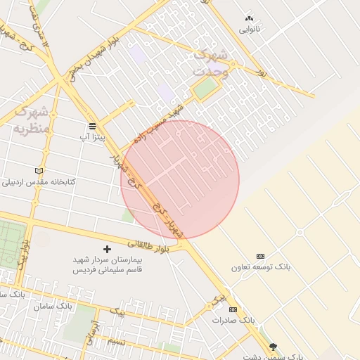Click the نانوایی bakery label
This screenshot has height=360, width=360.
click(250, 29)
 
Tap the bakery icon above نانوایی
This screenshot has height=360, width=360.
click(249, 18)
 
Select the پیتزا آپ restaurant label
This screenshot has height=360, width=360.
click(92, 137)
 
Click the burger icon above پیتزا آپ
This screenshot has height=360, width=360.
click(92, 126)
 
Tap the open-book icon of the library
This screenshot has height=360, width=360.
click(39, 171)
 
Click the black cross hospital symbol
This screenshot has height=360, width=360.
click(107, 249)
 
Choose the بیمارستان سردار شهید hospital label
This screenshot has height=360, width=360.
click(108, 264)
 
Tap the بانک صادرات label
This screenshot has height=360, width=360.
click(233, 320)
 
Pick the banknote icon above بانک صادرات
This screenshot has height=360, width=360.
click(233, 309)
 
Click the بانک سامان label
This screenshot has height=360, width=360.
click(53, 306)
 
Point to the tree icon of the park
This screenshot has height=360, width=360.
click(273, 347)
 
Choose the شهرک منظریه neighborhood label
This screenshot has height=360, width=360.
click(32, 120)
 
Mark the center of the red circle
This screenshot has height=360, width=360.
click(180, 180)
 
